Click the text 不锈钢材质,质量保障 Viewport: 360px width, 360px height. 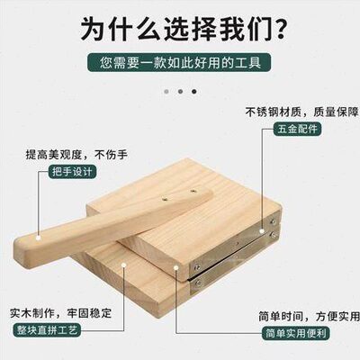pyautogui.click(x=298, y=112)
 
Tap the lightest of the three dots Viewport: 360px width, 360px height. pyautogui.click(x=165, y=91)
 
